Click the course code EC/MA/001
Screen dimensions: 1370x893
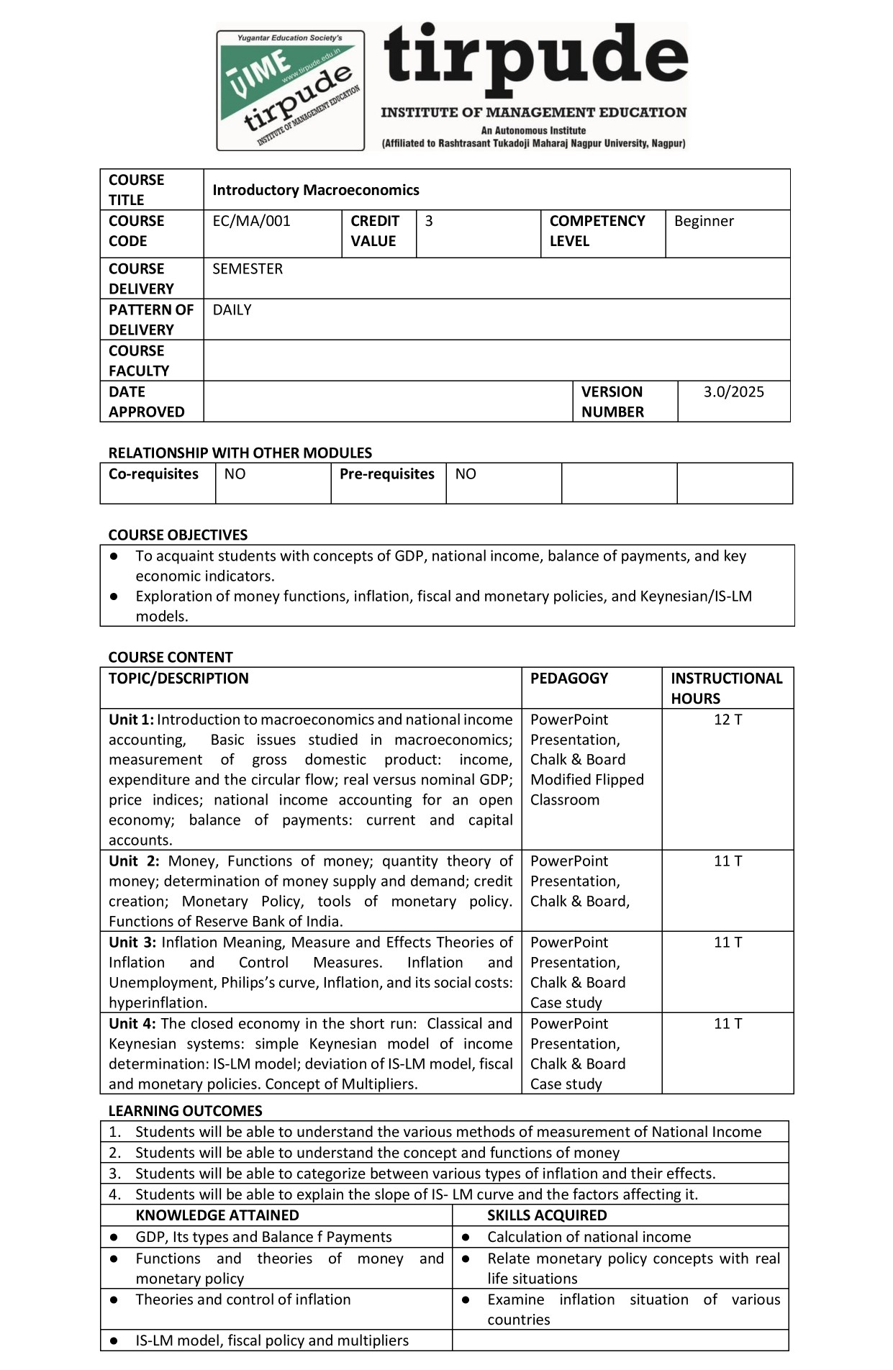click(251, 221)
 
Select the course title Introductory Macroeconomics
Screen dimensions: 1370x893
click(315, 190)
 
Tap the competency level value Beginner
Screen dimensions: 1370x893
click(704, 221)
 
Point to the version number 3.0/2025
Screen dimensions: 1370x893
click(733, 392)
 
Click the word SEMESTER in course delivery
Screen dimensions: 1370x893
click(248, 269)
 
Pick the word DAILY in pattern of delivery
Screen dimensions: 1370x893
click(232, 310)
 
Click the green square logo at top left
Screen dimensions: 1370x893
click(291, 90)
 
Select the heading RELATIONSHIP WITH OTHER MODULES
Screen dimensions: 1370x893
click(240, 453)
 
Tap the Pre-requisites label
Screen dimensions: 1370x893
click(386, 474)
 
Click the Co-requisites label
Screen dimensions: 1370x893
click(153, 474)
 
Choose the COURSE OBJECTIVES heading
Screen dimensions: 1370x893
click(178, 535)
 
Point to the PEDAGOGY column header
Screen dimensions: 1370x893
click(568, 679)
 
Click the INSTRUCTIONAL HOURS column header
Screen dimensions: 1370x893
click(726, 688)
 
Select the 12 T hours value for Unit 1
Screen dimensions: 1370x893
click(727, 720)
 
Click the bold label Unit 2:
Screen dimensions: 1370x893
click(134, 861)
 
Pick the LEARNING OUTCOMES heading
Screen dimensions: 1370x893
click(185, 1110)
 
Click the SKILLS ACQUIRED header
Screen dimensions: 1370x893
click(547, 1215)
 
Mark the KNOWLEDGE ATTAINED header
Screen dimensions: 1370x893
click(217, 1215)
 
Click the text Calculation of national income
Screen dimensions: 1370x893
click(589, 1237)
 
